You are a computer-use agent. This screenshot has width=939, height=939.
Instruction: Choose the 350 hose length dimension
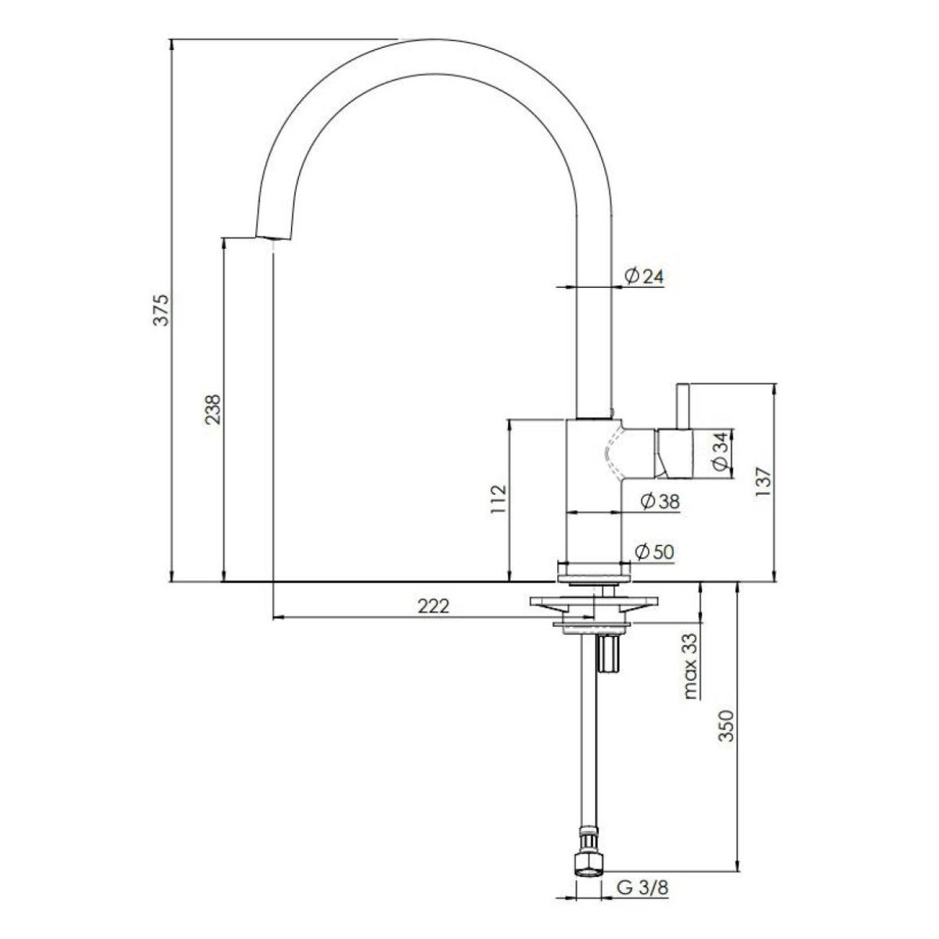(x=725, y=726)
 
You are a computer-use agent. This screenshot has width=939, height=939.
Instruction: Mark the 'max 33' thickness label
(x=689, y=666)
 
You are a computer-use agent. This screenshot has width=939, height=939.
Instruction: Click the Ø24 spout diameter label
(x=643, y=275)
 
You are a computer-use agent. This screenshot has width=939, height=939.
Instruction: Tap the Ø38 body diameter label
(x=659, y=502)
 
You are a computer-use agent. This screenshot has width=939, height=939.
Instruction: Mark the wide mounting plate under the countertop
(x=594, y=602)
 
